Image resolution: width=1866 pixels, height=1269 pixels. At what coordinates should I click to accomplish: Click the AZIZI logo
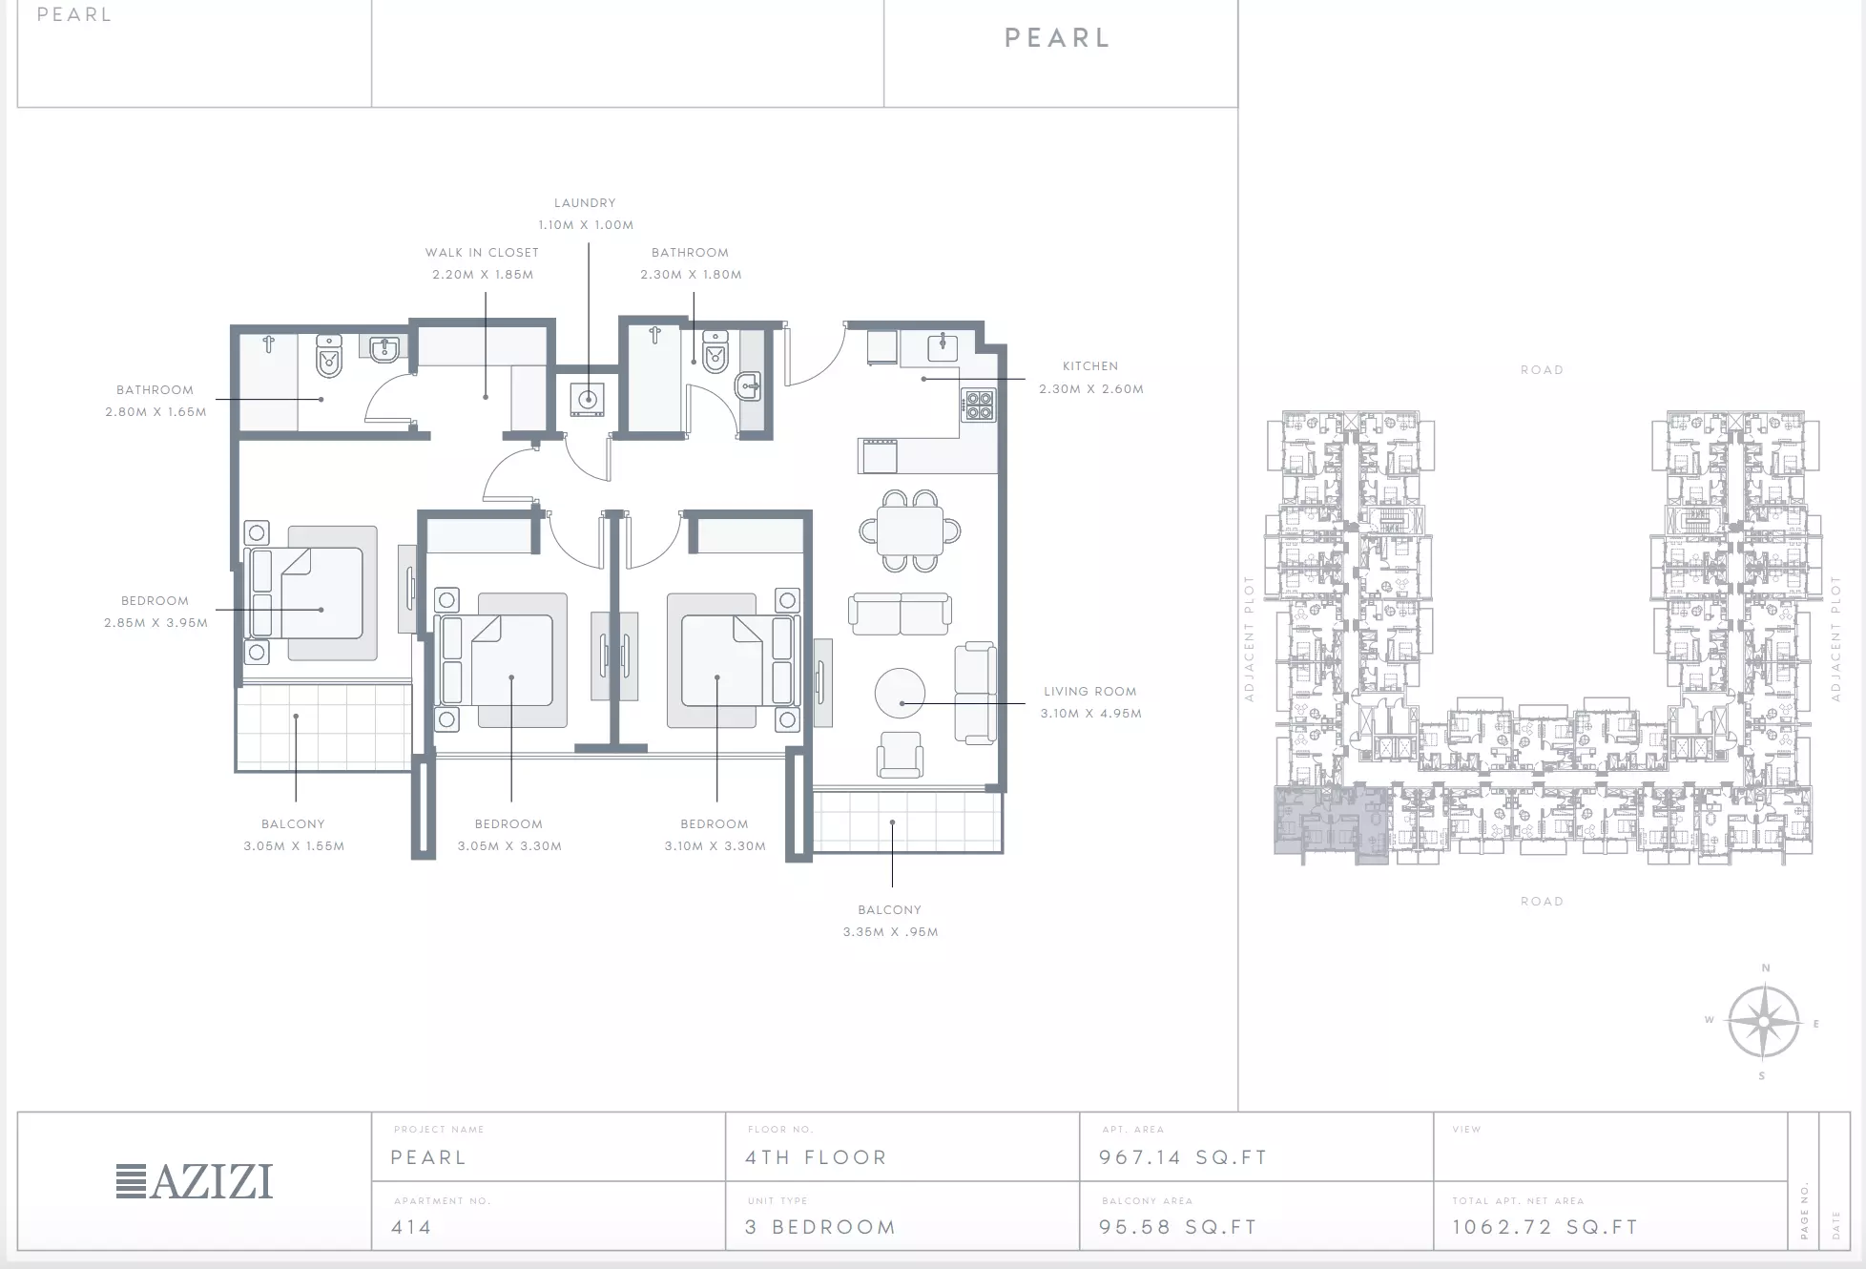pyautogui.click(x=195, y=1181)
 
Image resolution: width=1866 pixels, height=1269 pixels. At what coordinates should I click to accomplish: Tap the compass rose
pyautogui.click(x=1764, y=1022)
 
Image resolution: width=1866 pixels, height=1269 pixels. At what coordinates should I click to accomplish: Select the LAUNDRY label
pyautogui.click(x=585, y=203)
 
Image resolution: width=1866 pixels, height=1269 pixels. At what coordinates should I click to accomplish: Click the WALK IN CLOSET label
pyautogui.click(x=482, y=253)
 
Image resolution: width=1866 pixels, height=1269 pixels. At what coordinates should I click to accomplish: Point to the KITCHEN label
pyautogui.click(x=1090, y=366)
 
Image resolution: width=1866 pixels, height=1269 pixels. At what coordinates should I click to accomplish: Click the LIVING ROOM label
pyautogui.click(x=1090, y=692)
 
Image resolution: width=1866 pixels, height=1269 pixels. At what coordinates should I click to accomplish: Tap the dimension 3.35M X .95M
pyautogui.click(x=891, y=932)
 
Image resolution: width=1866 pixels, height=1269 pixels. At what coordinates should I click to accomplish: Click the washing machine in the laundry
pyautogui.click(x=588, y=400)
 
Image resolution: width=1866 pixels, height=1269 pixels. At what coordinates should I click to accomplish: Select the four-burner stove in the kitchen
pyautogui.click(x=978, y=405)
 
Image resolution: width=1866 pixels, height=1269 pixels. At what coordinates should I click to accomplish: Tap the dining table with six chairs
pyautogui.click(x=909, y=530)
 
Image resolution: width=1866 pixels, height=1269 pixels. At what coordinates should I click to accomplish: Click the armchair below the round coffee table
pyautogui.click(x=901, y=755)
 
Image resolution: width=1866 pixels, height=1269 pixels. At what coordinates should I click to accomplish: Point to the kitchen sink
pyautogui.click(x=943, y=346)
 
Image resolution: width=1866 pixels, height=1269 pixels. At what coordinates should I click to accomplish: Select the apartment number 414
pyautogui.click(x=411, y=1228)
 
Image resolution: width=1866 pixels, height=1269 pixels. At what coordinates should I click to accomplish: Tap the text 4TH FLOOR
pyautogui.click(x=816, y=1157)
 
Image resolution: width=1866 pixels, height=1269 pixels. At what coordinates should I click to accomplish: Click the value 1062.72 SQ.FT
pyautogui.click(x=1545, y=1228)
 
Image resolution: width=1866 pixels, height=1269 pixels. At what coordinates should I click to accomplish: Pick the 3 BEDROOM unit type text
pyautogui.click(x=820, y=1228)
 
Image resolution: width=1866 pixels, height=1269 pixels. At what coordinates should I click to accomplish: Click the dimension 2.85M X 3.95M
pyautogui.click(x=156, y=623)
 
